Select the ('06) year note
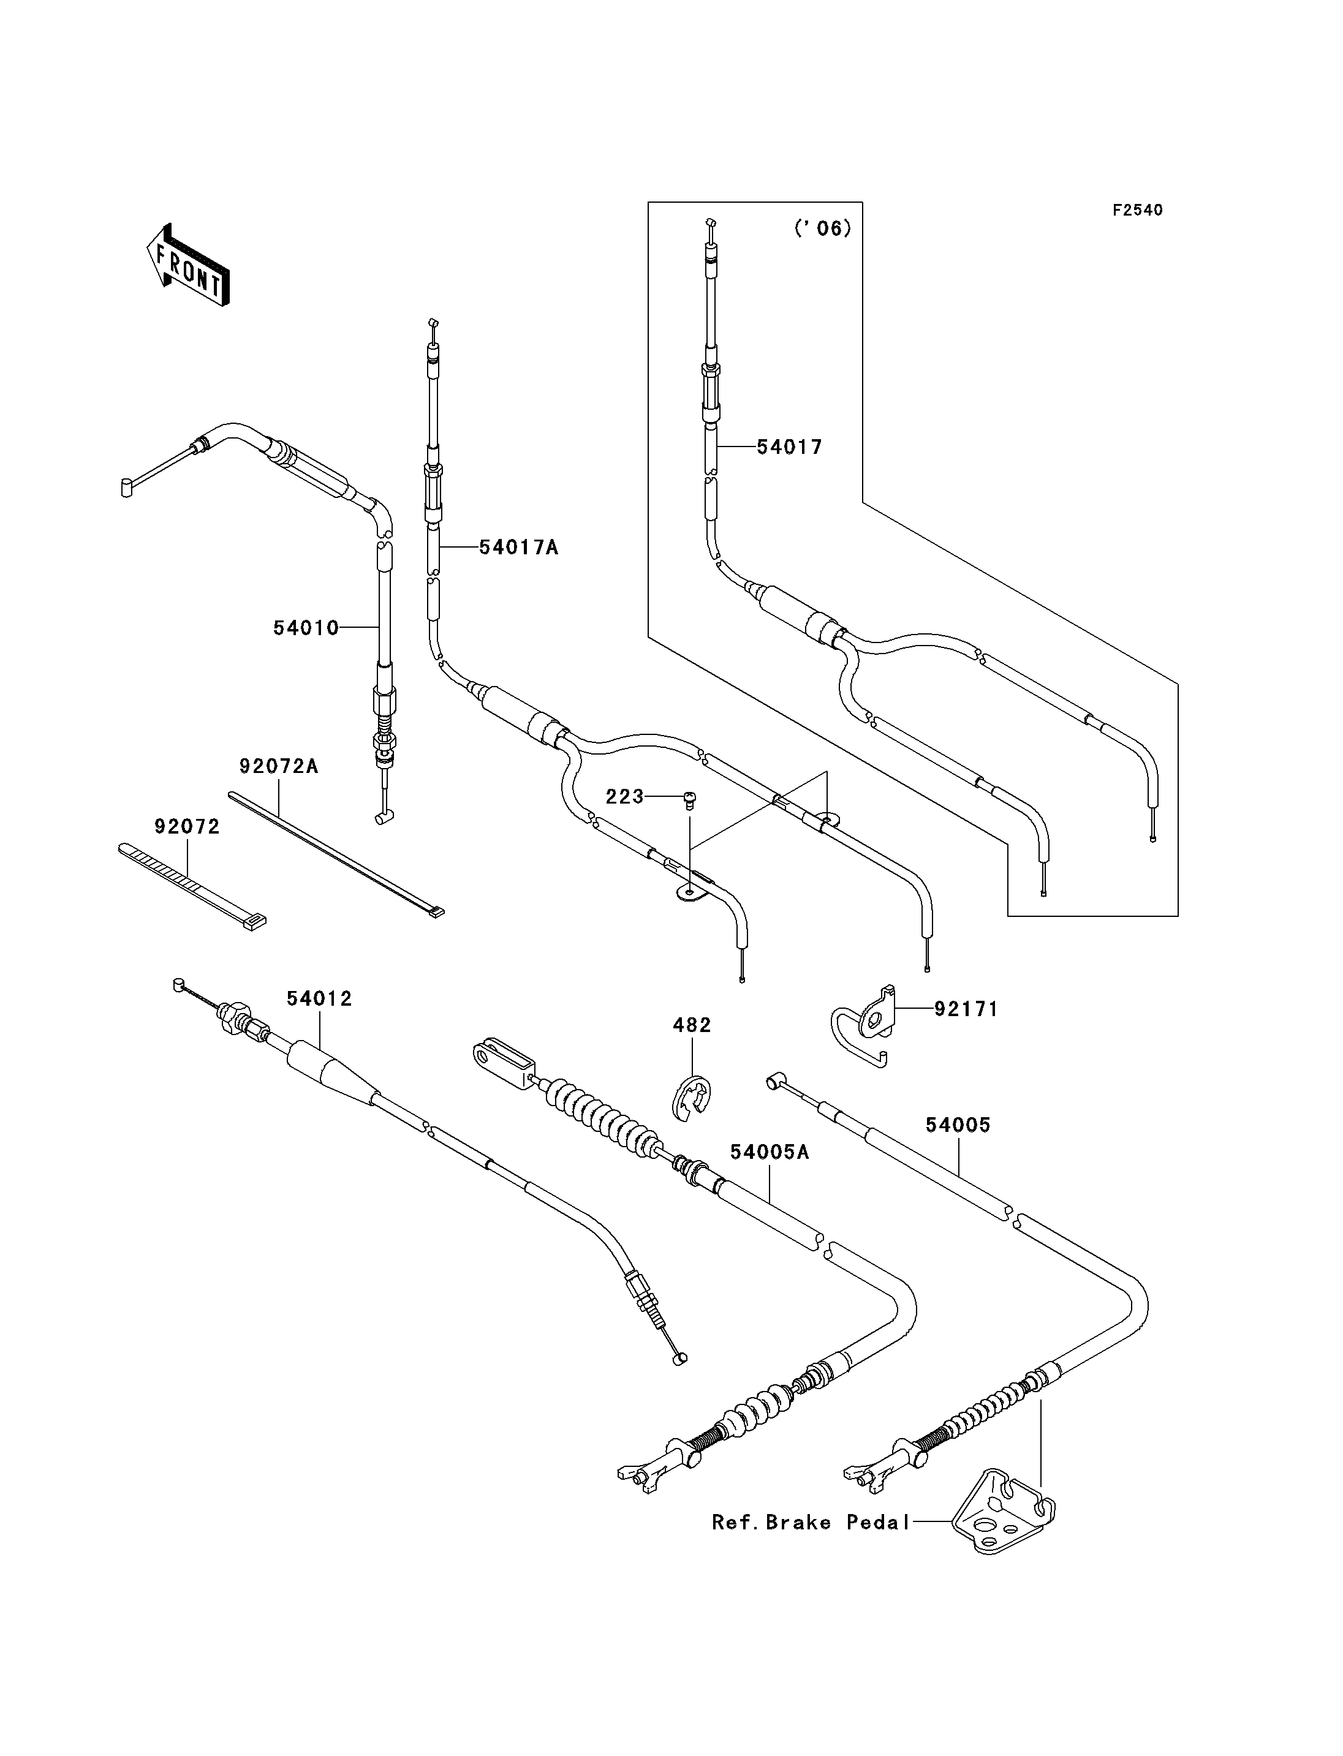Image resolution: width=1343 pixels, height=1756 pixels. tap(823, 228)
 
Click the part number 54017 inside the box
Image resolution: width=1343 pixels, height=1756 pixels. tap(790, 448)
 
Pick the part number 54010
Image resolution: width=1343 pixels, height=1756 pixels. tap(306, 628)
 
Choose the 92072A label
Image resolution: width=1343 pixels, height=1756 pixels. tap(279, 766)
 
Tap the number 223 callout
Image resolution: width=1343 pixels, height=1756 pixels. tap(624, 797)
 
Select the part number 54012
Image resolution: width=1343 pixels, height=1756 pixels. tap(320, 998)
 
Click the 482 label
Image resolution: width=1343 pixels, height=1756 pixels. tap(692, 1025)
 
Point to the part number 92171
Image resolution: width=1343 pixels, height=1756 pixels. tap(966, 1009)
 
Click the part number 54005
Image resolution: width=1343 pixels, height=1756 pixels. tap(958, 1125)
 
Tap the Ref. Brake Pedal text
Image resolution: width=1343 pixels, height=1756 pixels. tap(811, 1523)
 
